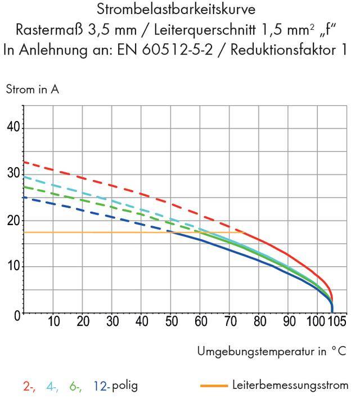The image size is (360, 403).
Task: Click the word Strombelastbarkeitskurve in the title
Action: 180,11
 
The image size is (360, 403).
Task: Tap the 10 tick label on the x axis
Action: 53,322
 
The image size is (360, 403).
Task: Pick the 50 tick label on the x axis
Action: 171,322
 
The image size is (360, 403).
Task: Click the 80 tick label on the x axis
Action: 259,322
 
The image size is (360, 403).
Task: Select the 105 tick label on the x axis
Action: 337,322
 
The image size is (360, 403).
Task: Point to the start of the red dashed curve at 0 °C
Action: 24,162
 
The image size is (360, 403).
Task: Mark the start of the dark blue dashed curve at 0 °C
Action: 24,197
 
